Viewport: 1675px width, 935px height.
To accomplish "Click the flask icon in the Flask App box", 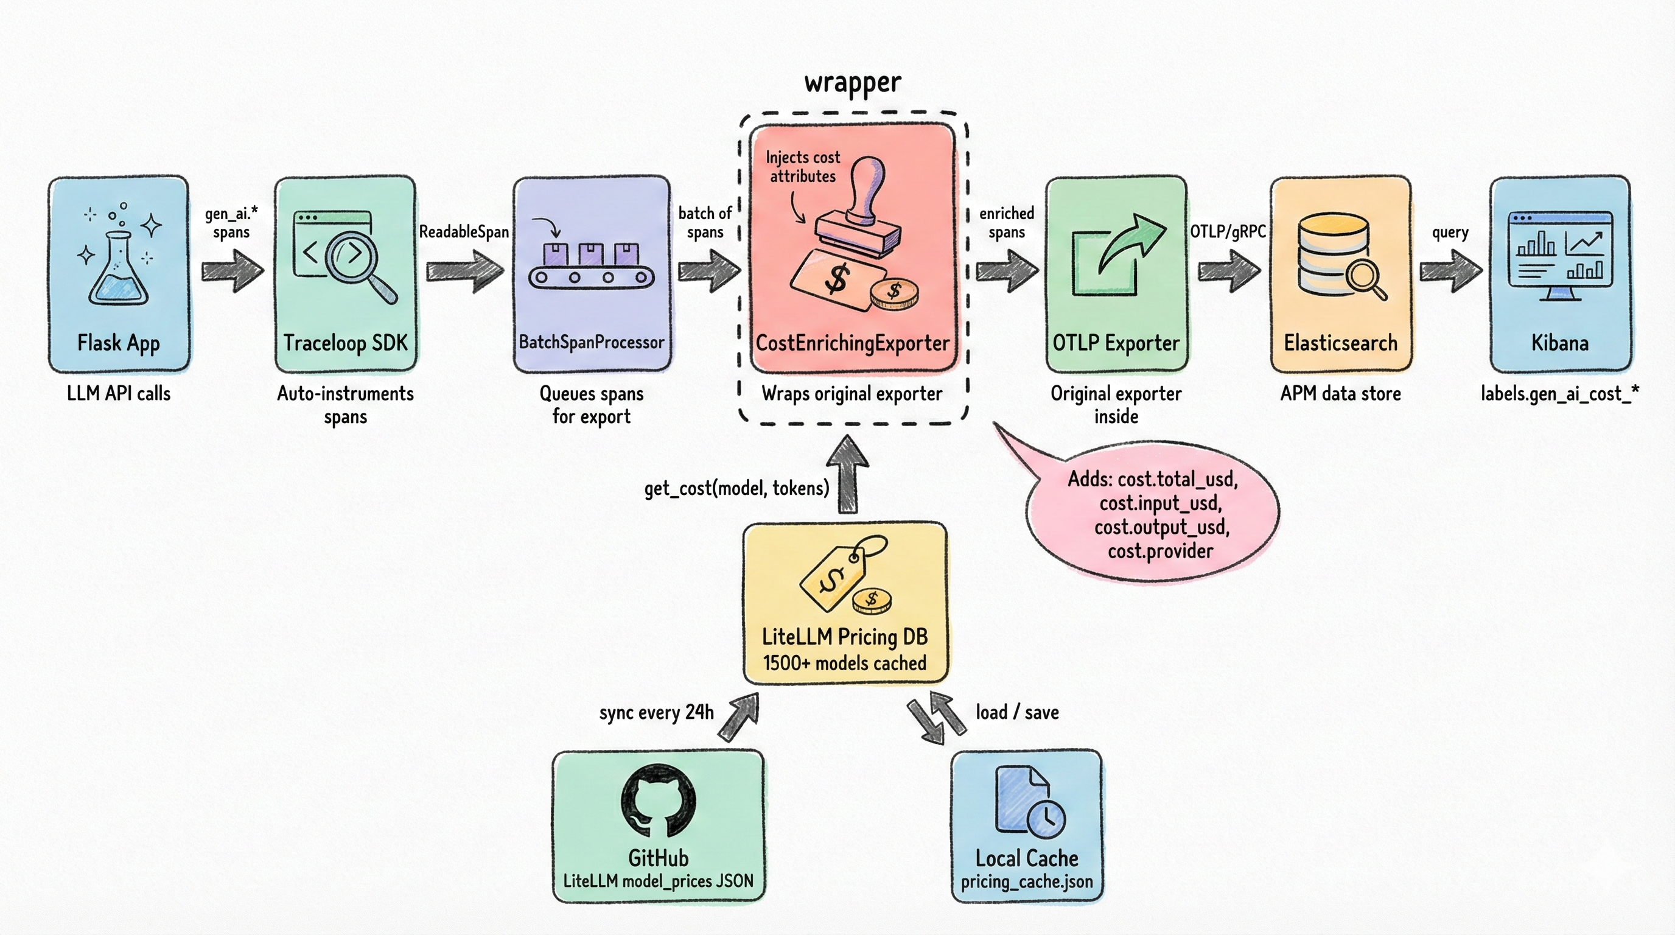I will [x=118, y=270].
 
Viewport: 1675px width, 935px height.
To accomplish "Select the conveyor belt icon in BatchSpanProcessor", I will [x=591, y=276].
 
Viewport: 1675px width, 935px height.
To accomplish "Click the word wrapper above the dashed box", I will [x=853, y=83].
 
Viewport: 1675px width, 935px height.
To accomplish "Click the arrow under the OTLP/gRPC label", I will [x=1228, y=270].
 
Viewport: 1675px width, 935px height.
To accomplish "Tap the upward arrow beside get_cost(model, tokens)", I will [x=848, y=475].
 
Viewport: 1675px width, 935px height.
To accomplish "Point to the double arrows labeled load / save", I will [x=936, y=718].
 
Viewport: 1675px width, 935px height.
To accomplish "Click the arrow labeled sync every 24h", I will [x=740, y=716].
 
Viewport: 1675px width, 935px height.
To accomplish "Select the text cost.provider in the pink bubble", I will [x=1160, y=552].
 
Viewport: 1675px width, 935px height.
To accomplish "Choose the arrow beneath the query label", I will [x=1450, y=270].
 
